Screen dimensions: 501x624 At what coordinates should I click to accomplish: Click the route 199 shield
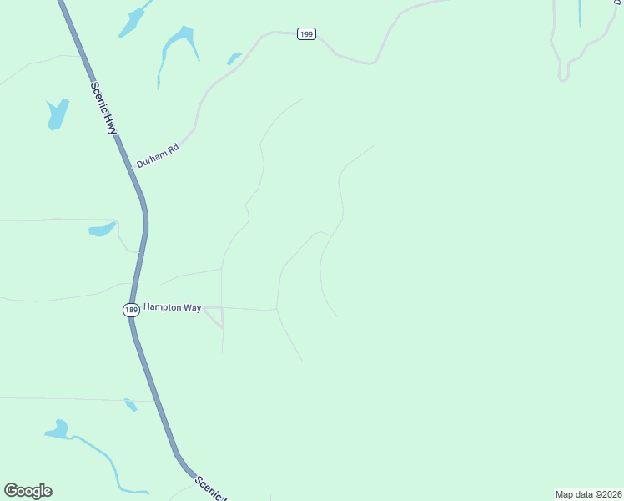click(x=306, y=34)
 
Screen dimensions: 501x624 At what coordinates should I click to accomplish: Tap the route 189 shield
click(x=130, y=310)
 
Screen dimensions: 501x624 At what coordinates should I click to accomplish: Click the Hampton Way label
click(x=172, y=307)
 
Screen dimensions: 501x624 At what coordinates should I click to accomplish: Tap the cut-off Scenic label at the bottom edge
click(x=210, y=488)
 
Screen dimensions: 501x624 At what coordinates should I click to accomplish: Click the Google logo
click(x=28, y=491)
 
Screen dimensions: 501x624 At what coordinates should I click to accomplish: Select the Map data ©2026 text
click(x=588, y=494)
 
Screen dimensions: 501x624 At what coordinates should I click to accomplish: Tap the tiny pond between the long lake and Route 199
click(x=234, y=58)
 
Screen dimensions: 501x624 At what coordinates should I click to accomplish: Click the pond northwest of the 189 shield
click(x=102, y=229)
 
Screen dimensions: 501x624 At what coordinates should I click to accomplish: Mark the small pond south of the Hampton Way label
click(x=130, y=405)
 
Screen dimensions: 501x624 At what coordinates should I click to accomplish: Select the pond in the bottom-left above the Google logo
click(x=58, y=430)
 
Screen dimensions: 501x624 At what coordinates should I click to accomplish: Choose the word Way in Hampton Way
click(x=192, y=307)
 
